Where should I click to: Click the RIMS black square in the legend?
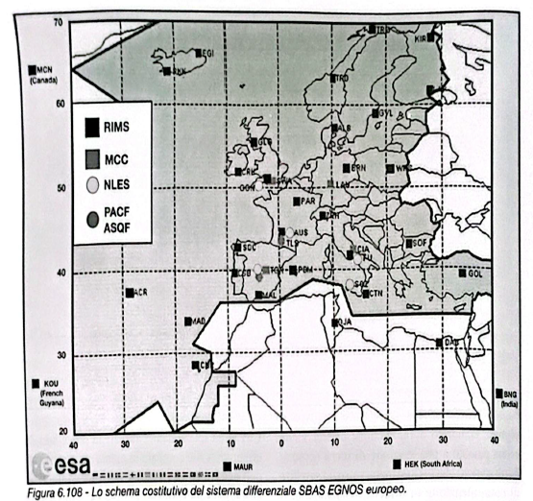coord(92,125)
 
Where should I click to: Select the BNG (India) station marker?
coord(498,393)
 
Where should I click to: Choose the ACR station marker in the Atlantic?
coord(130,292)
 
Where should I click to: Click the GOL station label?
coord(474,274)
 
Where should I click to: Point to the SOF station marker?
coord(407,243)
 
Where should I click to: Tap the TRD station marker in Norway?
coord(332,78)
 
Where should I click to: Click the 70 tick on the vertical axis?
coord(57,22)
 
